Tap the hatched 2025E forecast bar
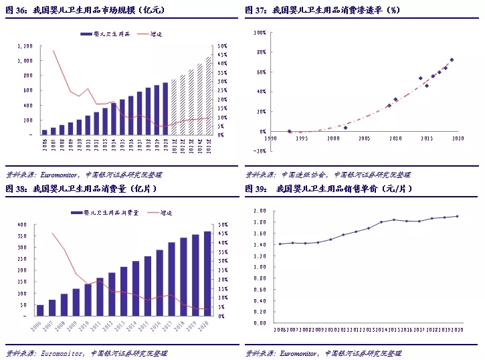pos(208,96)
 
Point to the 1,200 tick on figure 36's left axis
pos(24,46)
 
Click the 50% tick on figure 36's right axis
pos(222,46)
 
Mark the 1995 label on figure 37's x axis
pos(301,139)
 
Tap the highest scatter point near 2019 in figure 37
pos(452,60)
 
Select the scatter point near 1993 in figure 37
pos(289,131)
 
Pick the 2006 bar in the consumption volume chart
pos(40,310)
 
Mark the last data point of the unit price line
pos(457,216)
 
